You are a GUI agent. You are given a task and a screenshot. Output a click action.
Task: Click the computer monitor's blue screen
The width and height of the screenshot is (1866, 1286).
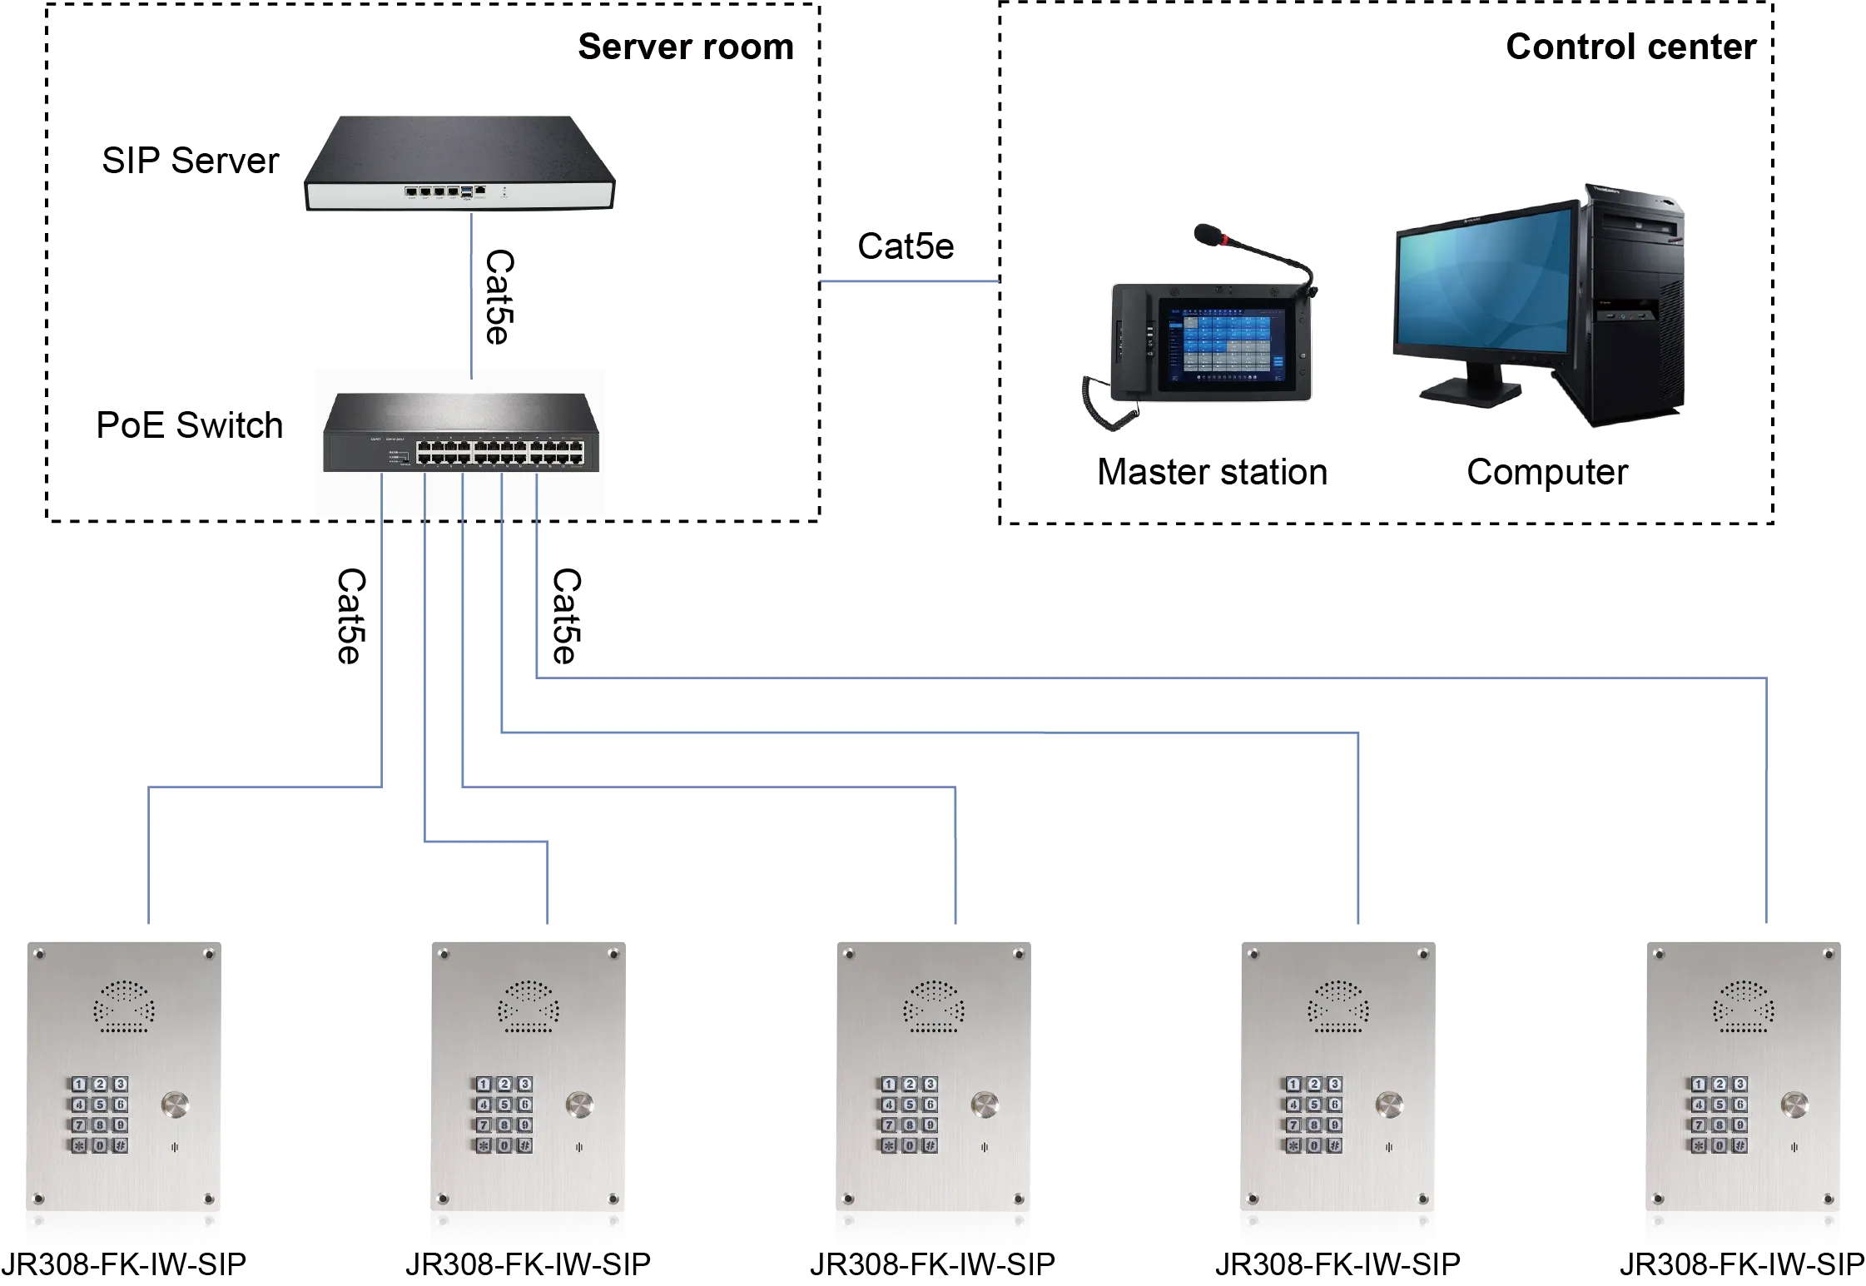tap(1486, 284)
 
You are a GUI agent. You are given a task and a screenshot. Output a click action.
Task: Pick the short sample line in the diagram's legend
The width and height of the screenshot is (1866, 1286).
tap(911, 283)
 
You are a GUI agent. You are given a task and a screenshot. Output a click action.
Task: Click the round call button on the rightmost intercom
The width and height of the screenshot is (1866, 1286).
tap(1794, 1105)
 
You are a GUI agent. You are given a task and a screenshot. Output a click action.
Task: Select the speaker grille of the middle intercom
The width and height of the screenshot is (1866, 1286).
tap(933, 1006)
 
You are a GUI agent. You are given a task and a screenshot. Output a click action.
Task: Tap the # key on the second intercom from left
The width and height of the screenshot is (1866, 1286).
tap(524, 1145)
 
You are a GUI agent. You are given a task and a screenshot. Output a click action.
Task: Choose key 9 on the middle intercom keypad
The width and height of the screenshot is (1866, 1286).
tap(930, 1125)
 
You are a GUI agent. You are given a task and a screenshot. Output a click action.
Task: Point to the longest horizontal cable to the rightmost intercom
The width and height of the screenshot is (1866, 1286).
tap(1149, 675)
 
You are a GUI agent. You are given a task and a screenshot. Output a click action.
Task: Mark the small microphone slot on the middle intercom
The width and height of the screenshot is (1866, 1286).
tap(984, 1147)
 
